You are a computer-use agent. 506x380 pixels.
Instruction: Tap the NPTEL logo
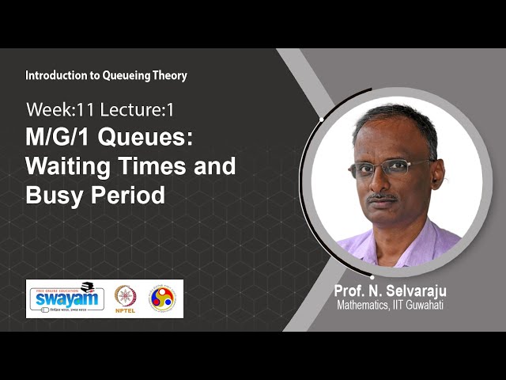(126, 298)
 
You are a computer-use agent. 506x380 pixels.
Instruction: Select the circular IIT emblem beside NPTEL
(162, 298)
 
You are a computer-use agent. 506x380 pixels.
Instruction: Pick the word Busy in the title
(53, 195)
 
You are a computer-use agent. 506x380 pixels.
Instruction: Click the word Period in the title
(126, 195)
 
